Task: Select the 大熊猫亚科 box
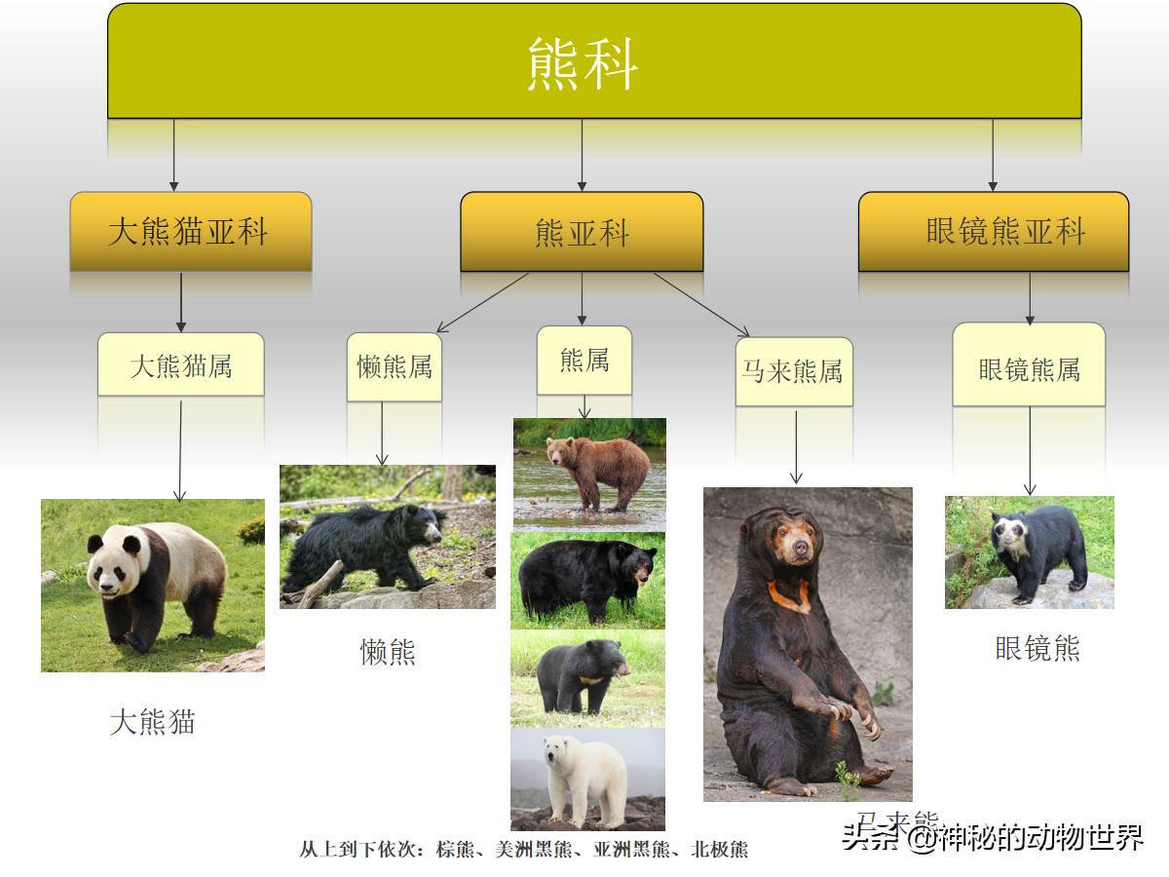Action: click(191, 232)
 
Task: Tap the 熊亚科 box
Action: click(582, 233)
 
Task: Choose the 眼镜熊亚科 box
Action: click(993, 232)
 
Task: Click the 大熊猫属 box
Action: click(181, 365)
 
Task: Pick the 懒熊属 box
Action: click(395, 366)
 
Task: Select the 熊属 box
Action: click(584, 361)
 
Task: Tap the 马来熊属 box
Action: click(794, 371)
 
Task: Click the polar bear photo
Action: click(588, 779)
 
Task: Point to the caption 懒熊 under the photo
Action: click(388, 652)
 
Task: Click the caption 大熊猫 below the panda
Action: click(152, 722)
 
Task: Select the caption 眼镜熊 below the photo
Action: click(1037, 648)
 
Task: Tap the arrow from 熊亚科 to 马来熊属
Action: click(700, 304)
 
